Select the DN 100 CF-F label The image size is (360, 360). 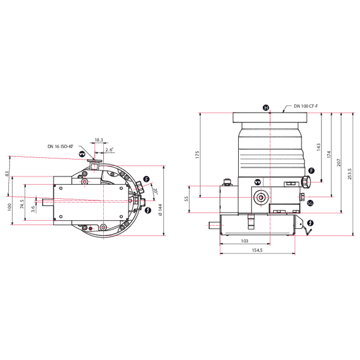point(305,105)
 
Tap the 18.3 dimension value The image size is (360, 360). point(98,140)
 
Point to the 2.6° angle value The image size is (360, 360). point(109,150)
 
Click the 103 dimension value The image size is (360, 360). point(245,241)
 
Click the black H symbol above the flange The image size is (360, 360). point(266,108)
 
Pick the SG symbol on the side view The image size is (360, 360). point(310,203)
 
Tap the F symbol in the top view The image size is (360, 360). point(147,179)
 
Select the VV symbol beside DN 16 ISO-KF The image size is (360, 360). point(82,154)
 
